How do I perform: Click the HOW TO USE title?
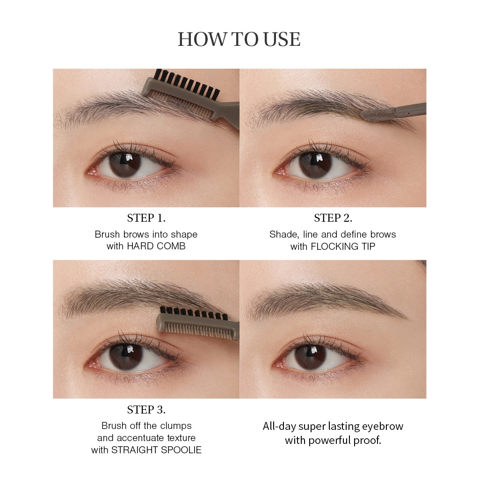pos(239,39)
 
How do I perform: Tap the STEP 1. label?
pos(146,218)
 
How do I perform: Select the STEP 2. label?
pos(333,218)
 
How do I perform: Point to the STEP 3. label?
pos(146,410)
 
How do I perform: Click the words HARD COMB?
pos(156,247)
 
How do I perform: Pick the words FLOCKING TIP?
pos(343,247)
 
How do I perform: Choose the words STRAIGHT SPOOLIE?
pos(156,450)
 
